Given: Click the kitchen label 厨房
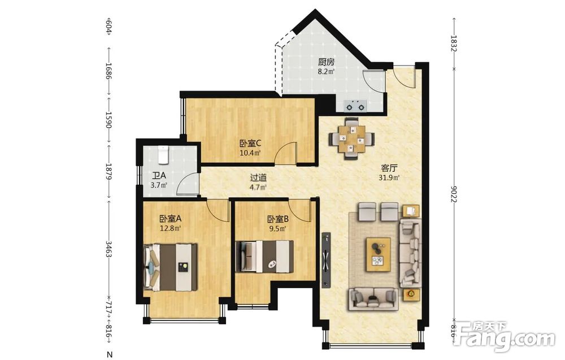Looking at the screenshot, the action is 326,62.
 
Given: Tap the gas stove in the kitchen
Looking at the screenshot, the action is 355,106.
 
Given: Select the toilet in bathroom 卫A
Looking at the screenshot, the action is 163,154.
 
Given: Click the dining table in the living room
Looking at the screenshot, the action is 351,138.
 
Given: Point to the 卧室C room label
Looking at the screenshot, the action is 250,144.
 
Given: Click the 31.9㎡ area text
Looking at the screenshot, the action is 389,177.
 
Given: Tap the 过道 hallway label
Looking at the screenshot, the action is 258,177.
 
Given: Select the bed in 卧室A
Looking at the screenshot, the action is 170,267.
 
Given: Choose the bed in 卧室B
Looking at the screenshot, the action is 264,257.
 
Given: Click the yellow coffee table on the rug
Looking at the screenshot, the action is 379,254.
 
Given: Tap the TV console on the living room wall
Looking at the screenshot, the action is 326,259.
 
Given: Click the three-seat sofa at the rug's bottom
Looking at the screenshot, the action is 373,298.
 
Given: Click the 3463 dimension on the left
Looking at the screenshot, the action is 108,248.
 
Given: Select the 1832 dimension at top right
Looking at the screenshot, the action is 454,43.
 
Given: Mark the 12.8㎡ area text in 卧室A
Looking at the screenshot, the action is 170,228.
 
